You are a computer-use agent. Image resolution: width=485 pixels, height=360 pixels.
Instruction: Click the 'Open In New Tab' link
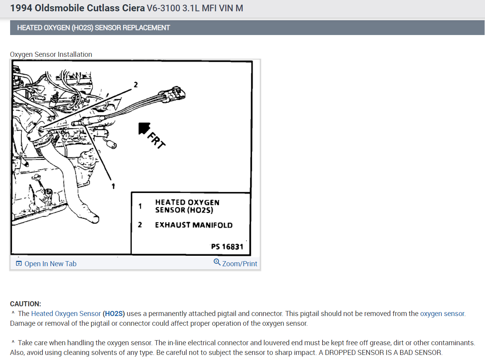50,263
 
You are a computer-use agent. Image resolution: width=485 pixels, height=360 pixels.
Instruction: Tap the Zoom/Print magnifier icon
217,262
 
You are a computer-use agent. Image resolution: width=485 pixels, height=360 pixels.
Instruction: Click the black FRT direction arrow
144,128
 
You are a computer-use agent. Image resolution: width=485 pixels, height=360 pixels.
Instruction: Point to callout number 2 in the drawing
136,84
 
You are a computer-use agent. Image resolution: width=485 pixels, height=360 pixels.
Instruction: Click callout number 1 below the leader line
113,186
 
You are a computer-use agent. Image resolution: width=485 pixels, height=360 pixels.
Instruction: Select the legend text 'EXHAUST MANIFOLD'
194,225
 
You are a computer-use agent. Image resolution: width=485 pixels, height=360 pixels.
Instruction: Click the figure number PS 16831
227,247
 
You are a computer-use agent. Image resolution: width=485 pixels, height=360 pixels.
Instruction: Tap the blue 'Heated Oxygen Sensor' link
66,313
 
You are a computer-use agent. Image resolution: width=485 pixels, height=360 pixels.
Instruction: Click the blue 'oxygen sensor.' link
443,313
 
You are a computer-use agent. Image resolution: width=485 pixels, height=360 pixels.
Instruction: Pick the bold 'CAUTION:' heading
26,304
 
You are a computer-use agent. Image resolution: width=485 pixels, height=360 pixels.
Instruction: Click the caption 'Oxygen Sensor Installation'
51,54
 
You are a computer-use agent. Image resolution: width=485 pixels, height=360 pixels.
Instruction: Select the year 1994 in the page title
21,8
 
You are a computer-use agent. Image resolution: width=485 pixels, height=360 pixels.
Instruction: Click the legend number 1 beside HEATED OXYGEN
140,206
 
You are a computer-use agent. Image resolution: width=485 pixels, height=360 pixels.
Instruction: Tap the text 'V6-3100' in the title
163,8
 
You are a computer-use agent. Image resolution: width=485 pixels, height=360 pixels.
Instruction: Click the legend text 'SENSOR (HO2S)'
184,210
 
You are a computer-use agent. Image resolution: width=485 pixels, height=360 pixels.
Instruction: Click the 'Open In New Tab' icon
19,263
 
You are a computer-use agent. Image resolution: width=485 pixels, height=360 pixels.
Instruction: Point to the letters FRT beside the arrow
156,140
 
